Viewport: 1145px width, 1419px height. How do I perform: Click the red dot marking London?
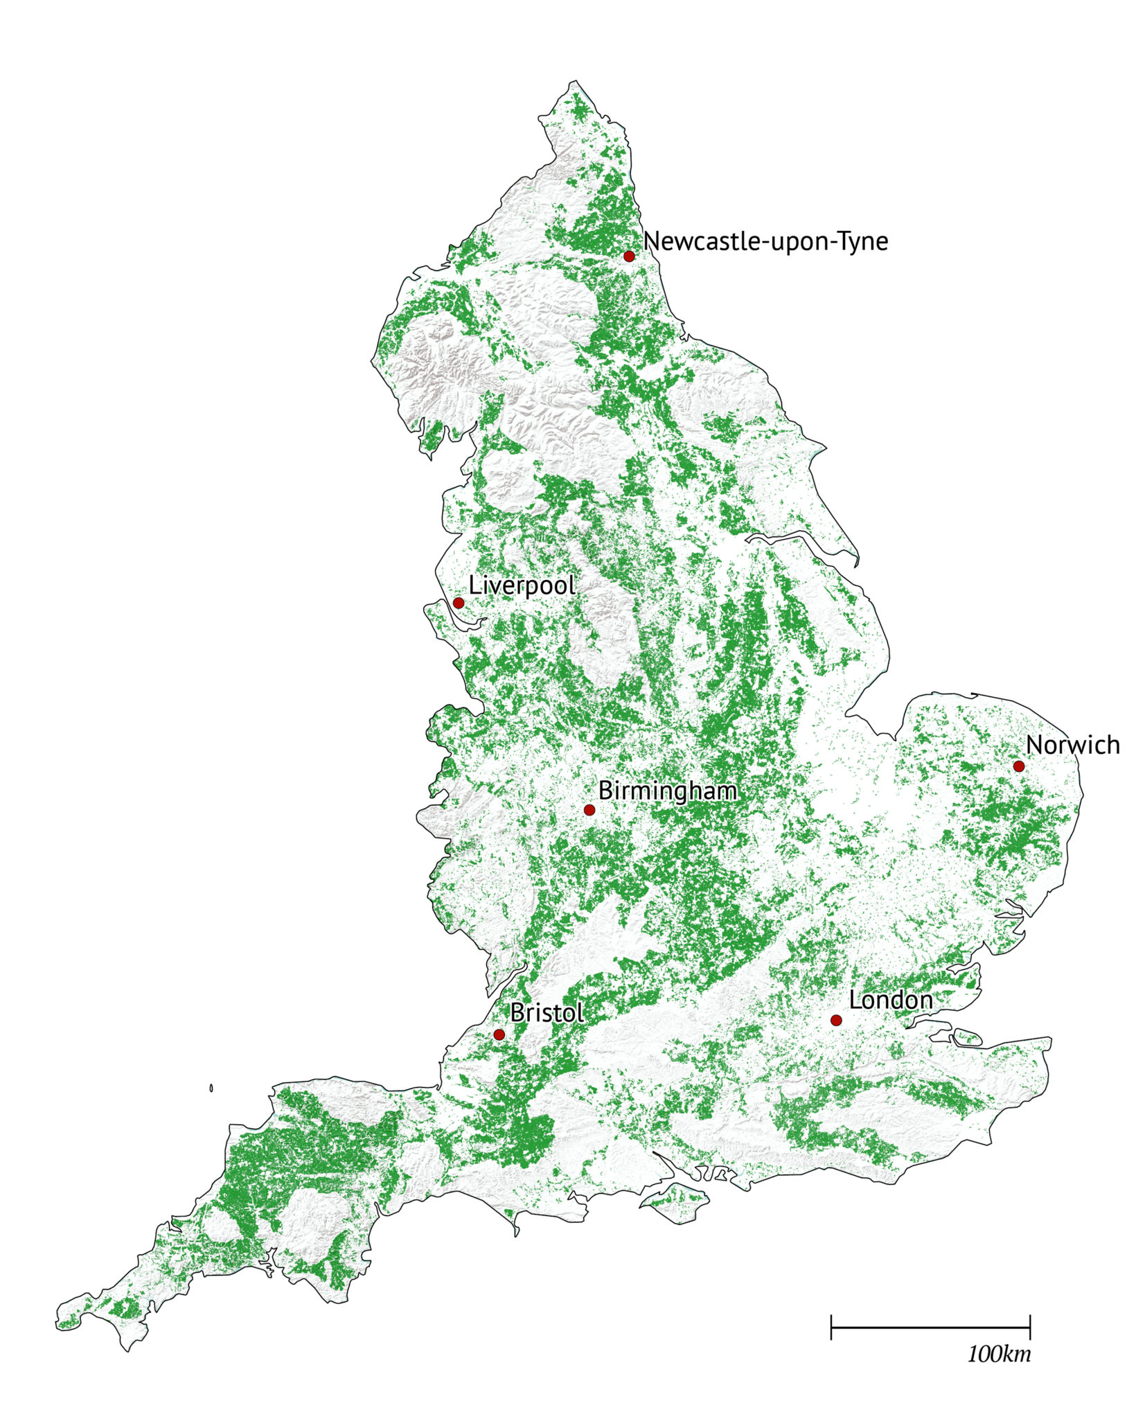point(835,1020)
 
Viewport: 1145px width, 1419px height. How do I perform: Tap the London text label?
point(890,1000)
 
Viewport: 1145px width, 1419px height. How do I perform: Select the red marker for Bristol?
point(499,1034)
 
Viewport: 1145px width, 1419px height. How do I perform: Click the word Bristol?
point(547,1012)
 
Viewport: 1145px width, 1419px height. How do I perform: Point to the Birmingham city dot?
point(589,810)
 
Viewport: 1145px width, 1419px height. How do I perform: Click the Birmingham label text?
point(668,790)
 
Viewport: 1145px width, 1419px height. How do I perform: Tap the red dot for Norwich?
point(1018,766)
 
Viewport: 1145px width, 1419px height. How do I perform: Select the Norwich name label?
point(1072,746)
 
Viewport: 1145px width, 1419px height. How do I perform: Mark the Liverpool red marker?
point(459,603)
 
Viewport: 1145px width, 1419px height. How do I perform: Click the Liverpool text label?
point(522,585)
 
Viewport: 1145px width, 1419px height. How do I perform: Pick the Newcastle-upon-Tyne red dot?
point(629,256)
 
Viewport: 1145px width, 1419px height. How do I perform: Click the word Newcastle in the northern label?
point(702,242)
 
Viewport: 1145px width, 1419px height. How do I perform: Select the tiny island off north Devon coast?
point(211,1089)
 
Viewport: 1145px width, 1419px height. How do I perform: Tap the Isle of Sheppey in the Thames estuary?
point(967,1038)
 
